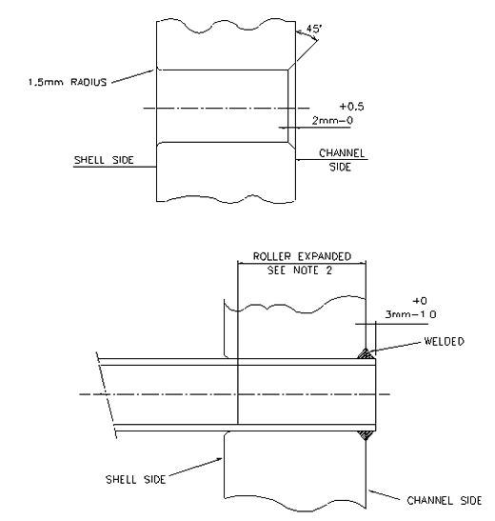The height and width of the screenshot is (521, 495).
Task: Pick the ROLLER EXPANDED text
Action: pyautogui.click(x=300, y=256)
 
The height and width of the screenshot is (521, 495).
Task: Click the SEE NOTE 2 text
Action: pyautogui.click(x=300, y=270)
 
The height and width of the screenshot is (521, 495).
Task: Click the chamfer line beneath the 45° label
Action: pyautogui.click(x=298, y=56)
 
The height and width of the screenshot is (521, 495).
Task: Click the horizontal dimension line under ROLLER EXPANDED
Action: pyautogui.click(x=300, y=263)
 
